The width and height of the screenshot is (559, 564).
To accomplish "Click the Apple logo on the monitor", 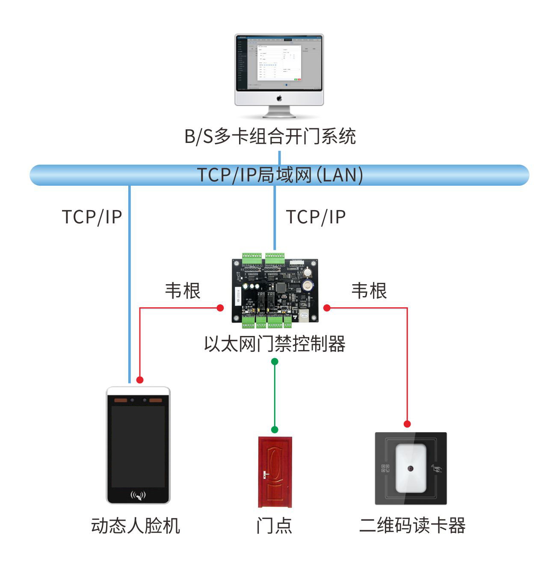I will (279, 98).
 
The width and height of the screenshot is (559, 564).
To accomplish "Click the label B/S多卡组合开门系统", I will (270, 137).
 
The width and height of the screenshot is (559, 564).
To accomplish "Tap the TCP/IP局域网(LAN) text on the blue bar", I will (280, 175).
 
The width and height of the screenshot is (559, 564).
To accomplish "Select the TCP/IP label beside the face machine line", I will (92, 217).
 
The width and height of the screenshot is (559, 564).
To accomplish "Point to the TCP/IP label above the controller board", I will (316, 217).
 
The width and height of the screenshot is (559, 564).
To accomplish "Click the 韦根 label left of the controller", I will (183, 291).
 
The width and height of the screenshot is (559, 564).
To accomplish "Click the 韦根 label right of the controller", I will (369, 291).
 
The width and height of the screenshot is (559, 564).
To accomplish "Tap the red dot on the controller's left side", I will (220, 308).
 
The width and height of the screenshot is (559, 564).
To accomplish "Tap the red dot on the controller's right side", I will (327, 308).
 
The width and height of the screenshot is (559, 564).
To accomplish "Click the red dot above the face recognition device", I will (140, 380).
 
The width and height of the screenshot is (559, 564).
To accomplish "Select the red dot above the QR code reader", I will (407, 424).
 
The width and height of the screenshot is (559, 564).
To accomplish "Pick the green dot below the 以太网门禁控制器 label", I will (275, 362).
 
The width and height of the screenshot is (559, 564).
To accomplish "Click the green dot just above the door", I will (275, 430).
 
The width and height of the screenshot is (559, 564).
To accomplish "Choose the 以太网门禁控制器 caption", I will (275, 344).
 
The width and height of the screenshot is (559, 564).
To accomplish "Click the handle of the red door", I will (266, 475).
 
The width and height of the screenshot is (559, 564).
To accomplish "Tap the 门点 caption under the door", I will (274, 525).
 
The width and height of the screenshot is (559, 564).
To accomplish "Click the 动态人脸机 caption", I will (136, 525).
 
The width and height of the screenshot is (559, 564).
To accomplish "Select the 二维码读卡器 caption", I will (412, 525).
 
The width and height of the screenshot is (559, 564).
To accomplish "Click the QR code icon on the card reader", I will (385, 469).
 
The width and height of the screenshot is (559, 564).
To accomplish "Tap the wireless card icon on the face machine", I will (138, 496).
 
